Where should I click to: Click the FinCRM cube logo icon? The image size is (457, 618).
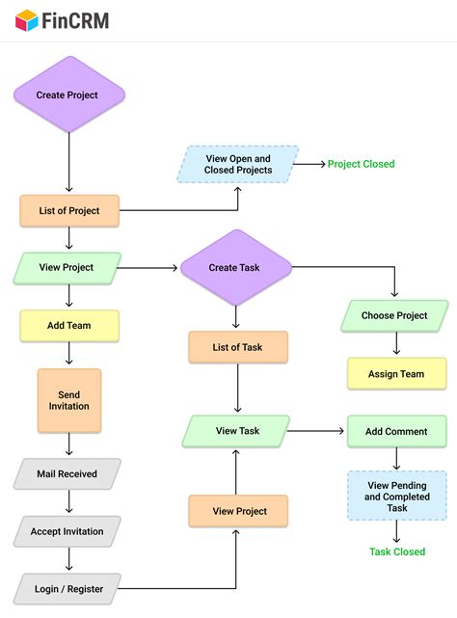tap(26, 19)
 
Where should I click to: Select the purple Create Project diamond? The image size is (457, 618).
tap(68, 95)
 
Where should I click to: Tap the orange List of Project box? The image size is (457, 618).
tap(69, 211)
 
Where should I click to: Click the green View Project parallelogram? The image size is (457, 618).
tap(67, 268)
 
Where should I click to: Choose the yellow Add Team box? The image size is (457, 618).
tap(69, 326)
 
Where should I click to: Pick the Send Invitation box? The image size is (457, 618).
tap(69, 400)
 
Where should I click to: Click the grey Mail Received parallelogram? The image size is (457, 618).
tap(67, 473)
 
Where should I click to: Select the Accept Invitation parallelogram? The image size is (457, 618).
tap(67, 531)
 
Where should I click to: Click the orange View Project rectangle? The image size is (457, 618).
tap(238, 511)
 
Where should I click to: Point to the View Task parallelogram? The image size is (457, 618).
tap(237, 431)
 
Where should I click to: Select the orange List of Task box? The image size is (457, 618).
tap(238, 347)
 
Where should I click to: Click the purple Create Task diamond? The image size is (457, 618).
tap(236, 268)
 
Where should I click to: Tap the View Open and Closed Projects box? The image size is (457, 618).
tap(238, 164)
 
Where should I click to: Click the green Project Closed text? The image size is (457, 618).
tap(362, 164)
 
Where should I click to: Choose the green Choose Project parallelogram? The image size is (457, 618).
tap(395, 315)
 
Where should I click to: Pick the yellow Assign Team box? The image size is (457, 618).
tap(396, 374)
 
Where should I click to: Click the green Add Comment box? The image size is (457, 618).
tap(396, 431)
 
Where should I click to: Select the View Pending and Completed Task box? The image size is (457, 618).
tap(396, 497)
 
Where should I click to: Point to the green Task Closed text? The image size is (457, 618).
tap(396, 552)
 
